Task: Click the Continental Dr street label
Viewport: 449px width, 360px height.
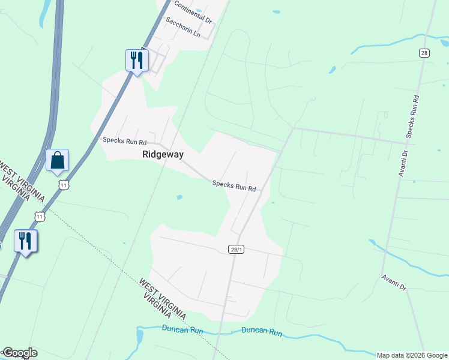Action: pyautogui.click(x=193, y=12)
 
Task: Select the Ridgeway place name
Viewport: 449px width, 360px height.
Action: pyautogui.click(x=163, y=154)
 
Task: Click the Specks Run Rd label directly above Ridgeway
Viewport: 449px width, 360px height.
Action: pyautogui.click(x=124, y=142)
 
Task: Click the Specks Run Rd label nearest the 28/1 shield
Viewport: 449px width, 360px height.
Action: pyautogui.click(x=234, y=187)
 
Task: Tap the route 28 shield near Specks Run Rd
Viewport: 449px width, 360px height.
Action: pyautogui.click(x=424, y=53)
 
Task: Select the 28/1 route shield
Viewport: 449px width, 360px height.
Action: pyautogui.click(x=236, y=249)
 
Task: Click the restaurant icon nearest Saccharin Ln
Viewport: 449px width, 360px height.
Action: pyautogui.click(x=137, y=61)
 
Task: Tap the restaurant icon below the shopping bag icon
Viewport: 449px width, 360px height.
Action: pyautogui.click(x=26, y=241)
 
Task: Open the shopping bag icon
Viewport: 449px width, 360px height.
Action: pyautogui.click(x=58, y=161)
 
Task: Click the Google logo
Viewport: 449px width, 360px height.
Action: pyautogui.click(x=19, y=353)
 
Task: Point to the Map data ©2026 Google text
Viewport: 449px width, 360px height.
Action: pyautogui.click(x=412, y=355)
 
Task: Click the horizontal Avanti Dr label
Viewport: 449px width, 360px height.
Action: pyautogui.click(x=394, y=282)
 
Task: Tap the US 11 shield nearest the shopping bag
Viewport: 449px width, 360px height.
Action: pyautogui.click(x=64, y=185)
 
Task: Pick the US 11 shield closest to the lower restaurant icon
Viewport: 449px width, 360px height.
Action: pyautogui.click(x=40, y=215)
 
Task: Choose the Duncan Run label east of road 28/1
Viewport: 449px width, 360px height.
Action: pyautogui.click(x=262, y=331)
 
